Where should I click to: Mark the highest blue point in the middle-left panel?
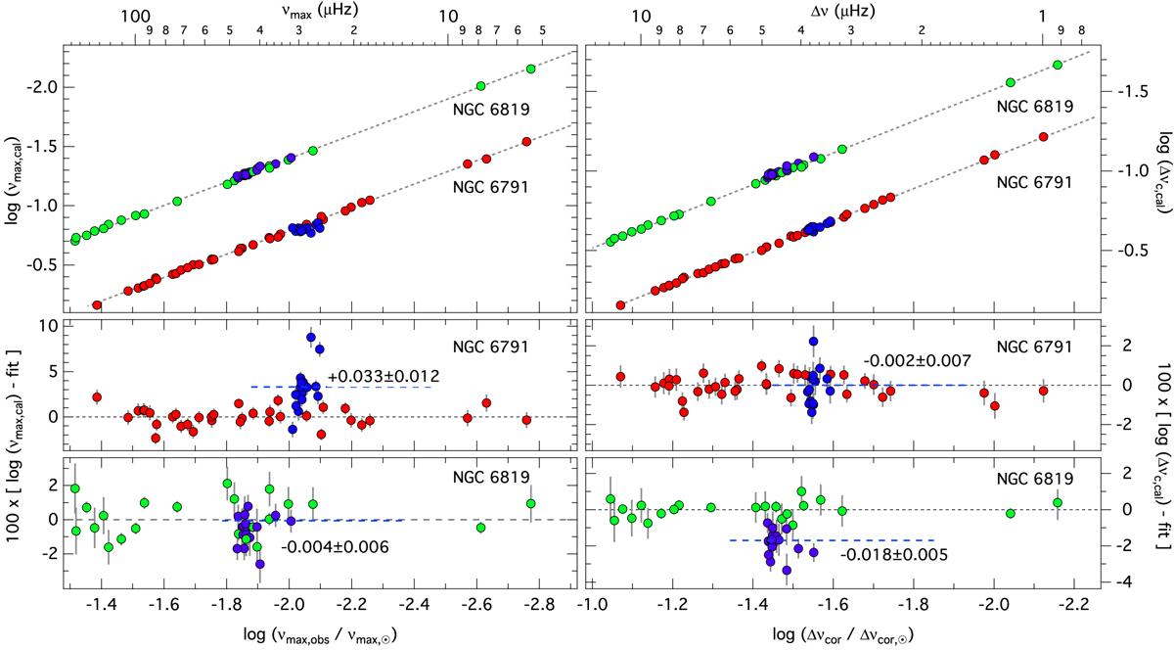pos(311,338)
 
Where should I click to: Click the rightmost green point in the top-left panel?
pos(531,69)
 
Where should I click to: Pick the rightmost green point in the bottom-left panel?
pos(530,504)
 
